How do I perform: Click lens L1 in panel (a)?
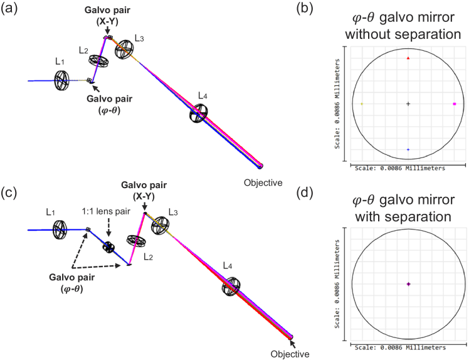click(61, 80)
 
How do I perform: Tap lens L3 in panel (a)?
click(124, 46)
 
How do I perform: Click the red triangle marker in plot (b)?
click(408, 58)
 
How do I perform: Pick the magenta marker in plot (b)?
click(454, 104)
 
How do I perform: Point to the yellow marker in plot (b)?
click(362, 104)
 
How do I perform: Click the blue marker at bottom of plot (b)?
click(408, 150)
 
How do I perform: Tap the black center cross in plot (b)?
click(408, 104)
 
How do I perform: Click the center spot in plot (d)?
click(408, 284)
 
